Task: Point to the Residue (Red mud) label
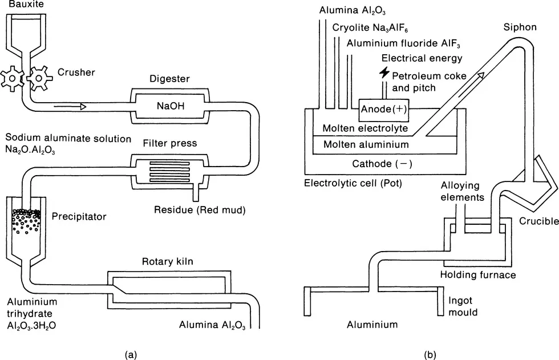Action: click(x=199, y=209)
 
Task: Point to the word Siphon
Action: click(x=517, y=28)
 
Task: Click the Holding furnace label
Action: click(x=478, y=275)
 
